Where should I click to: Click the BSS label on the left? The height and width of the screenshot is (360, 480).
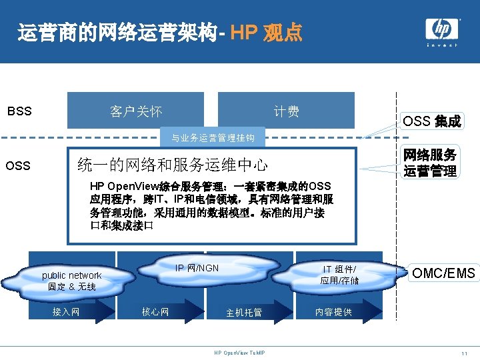pyautogui.click(x=19, y=111)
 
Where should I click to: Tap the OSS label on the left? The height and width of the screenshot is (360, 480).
pyautogui.click(x=17, y=165)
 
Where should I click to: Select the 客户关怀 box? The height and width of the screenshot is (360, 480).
pyautogui.click(x=136, y=111)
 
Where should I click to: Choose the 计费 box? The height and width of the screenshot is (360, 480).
pyautogui.click(x=287, y=111)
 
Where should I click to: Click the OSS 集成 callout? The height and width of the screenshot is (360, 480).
pyautogui.click(x=431, y=121)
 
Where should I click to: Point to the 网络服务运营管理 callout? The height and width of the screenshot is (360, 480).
pyautogui.click(x=430, y=163)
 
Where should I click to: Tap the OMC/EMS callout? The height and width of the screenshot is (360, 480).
pyautogui.click(x=443, y=273)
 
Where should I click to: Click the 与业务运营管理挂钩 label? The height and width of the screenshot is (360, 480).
pyautogui.click(x=213, y=139)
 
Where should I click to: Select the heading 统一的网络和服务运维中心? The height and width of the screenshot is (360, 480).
pyautogui.click(x=173, y=164)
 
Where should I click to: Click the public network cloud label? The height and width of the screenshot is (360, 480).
pyautogui.click(x=71, y=281)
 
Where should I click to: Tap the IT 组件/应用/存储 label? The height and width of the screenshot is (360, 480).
pyautogui.click(x=339, y=275)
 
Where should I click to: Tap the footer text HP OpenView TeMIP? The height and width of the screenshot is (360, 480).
pyautogui.click(x=239, y=353)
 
